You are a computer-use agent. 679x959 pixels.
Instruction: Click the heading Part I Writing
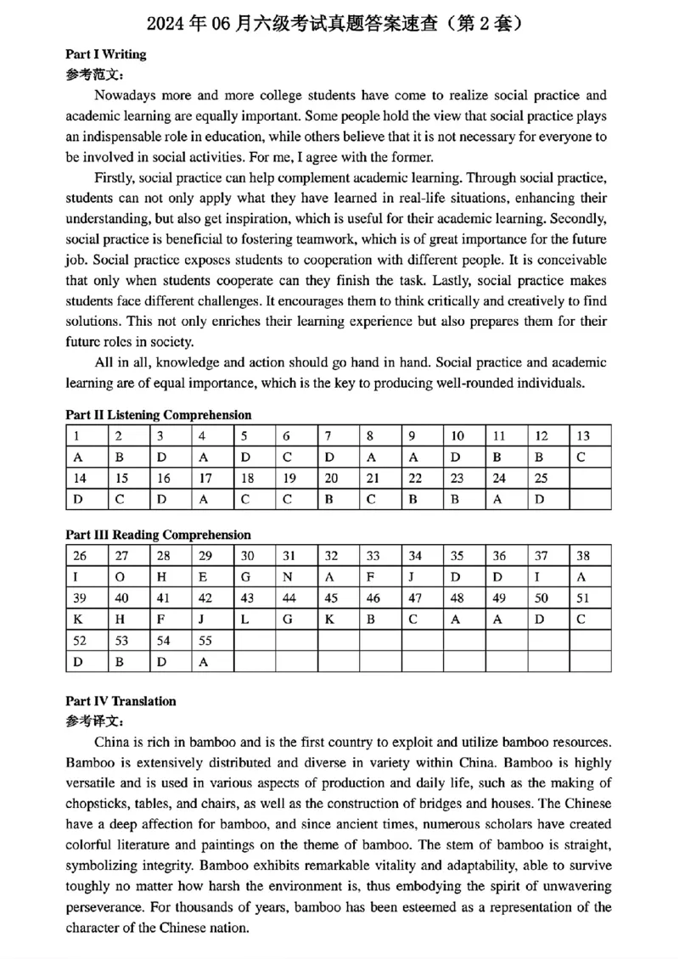[x=105, y=54]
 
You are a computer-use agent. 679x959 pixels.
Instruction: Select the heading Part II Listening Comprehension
[x=158, y=415]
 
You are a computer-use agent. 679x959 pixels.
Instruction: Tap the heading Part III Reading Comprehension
[x=158, y=535]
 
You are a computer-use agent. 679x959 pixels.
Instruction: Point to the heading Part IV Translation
[x=121, y=701]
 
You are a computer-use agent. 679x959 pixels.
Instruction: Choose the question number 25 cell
[x=548, y=479]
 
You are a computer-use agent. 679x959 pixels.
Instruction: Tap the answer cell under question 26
[x=86, y=578]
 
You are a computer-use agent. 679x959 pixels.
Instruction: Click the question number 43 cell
[x=254, y=598]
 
